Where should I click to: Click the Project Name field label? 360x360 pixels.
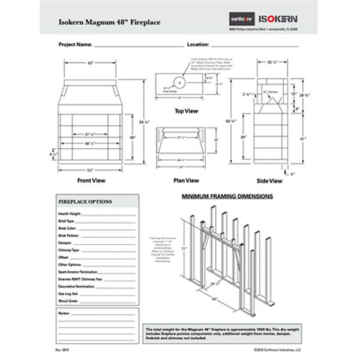click(x=76, y=44)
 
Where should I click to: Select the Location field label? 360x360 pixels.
click(x=197, y=44)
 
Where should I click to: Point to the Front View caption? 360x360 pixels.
click(x=92, y=179)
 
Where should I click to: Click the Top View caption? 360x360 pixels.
click(x=186, y=111)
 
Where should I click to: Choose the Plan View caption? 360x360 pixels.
click(x=186, y=180)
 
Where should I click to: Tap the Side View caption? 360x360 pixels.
click(x=270, y=180)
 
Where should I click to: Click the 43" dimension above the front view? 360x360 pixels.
click(x=91, y=63)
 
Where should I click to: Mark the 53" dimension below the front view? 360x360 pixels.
click(x=92, y=171)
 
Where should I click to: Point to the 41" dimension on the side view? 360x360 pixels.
click(x=304, y=138)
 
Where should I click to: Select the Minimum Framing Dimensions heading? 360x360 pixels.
click(x=228, y=196)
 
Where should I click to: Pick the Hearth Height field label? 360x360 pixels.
click(x=70, y=214)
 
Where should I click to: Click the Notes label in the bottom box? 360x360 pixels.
click(x=64, y=313)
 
